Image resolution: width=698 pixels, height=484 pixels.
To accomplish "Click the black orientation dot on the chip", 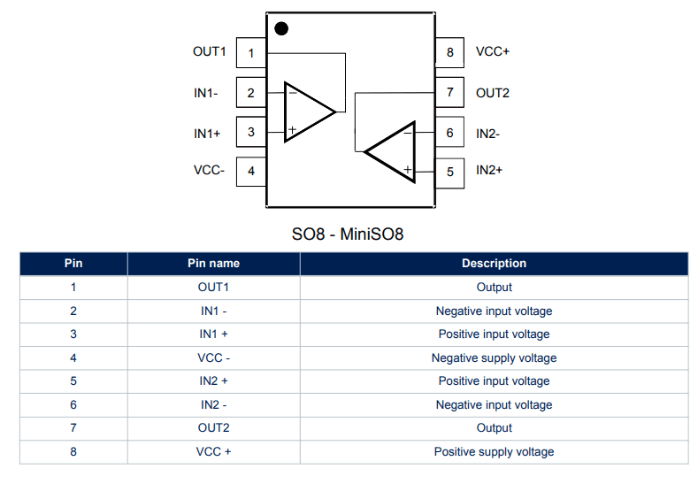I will (x=281, y=28).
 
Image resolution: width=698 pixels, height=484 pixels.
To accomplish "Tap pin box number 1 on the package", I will (x=251, y=53).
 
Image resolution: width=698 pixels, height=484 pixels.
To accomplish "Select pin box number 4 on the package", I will (x=251, y=171).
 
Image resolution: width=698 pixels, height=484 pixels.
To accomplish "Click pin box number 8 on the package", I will (x=449, y=53).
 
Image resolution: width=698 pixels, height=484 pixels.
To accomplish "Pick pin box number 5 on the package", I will (x=449, y=172).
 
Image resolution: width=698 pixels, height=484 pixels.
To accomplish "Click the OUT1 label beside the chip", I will (x=210, y=51).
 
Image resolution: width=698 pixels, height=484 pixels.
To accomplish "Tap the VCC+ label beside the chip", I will (x=493, y=51).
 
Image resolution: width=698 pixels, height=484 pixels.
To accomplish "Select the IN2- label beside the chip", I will (x=488, y=134).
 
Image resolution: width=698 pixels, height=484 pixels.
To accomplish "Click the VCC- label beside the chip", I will (x=210, y=170).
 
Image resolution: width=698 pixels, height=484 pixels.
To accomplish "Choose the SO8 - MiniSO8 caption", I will (x=348, y=234).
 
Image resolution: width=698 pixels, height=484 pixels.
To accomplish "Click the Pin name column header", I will (x=213, y=264).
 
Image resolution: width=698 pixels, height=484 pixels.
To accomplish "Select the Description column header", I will (x=494, y=264).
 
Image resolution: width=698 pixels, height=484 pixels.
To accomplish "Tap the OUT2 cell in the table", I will (x=213, y=428).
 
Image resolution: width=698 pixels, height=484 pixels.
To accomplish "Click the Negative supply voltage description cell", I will (x=494, y=358).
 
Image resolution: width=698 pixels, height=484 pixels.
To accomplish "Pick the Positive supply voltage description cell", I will (x=494, y=452).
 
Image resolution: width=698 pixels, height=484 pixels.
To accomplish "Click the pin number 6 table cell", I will (x=73, y=405).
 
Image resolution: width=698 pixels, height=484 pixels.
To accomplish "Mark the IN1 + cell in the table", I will (x=213, y=334).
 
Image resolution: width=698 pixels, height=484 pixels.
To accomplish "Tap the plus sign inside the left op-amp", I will (x=292, y=130).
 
